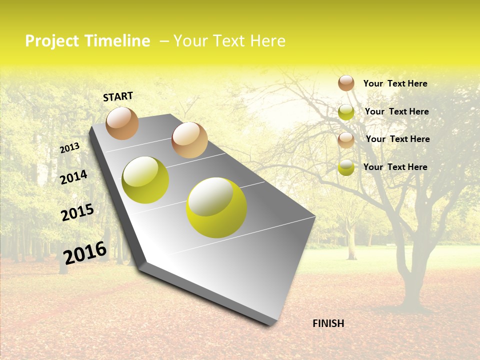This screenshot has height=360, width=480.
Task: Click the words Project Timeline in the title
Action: pyautogui.click(x=87, y=41)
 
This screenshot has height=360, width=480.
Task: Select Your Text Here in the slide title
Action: pyautogui.click(x=229, y=41)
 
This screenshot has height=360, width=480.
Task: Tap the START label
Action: pyautogui.click(x=118, y=96)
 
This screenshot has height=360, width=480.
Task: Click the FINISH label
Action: pyautogui.click(x=328, y=323)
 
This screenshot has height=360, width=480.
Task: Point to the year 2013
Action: pyautogui.click(x=69, y=148)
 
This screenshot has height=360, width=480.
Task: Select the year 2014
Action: pyautogui.click(x=73, y=177)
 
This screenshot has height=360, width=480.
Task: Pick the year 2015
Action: pyautogui.click(x=77, y=212)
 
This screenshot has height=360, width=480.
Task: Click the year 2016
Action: pyautogui.click(x=84, y=253)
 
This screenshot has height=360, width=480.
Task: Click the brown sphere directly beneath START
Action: pyautogui.click(x=122, y=123)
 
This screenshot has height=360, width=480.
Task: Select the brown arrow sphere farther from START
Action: pyautogui.click(x=189, y=140)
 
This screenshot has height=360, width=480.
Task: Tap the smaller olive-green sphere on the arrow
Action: pyautogui.click(x=145, y=180)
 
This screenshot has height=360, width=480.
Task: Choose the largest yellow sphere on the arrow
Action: pyautogui.click(x=216, y=207)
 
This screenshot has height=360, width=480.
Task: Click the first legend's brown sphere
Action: pyautogui.click(x=346, y=83)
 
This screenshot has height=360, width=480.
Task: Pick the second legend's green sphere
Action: pyautogui.click(x=346, y=112)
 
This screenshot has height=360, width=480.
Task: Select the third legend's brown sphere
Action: pyautogui.click(x=346, y=140)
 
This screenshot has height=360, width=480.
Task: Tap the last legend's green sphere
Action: pyautogui.click(x=346, y=167)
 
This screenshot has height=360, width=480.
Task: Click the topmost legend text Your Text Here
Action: pyautogui.click(x=395, y=83)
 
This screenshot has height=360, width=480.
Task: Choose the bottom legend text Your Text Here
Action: pyautogui.click(x=395, y=167)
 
